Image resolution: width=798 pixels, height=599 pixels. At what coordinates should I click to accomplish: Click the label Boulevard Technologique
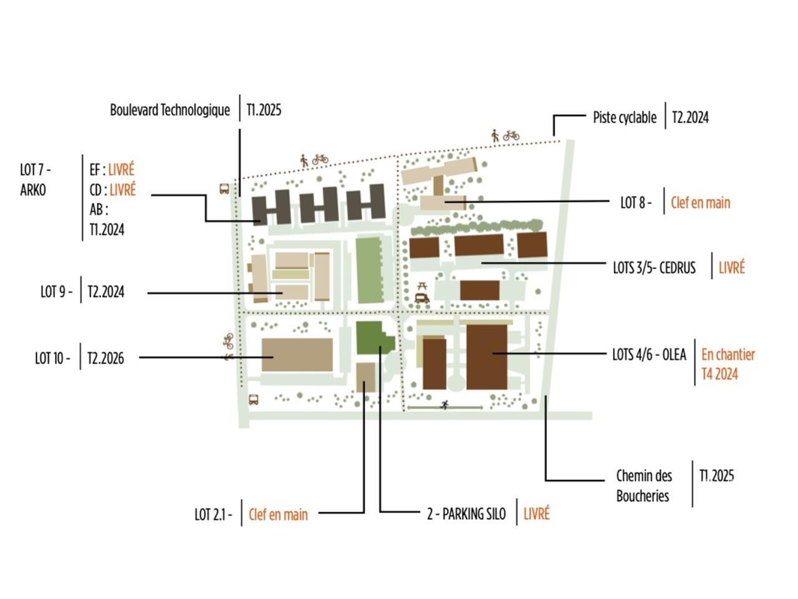[170, 110]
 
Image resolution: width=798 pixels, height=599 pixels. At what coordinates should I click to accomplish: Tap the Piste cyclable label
[624, 117]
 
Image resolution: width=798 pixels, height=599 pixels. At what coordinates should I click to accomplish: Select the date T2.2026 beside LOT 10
[105, 358]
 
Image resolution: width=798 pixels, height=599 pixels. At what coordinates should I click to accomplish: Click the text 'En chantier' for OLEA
[728, 354]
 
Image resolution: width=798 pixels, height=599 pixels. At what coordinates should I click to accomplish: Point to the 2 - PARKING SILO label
[466, 514]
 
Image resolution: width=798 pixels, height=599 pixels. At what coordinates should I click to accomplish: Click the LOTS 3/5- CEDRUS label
[654, 268]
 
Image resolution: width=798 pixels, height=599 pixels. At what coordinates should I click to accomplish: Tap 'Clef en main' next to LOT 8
[700, 202]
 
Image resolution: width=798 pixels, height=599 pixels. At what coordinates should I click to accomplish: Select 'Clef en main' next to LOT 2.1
[278, 514]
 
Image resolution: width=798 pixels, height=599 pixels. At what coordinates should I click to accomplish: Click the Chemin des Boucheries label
[643, 485]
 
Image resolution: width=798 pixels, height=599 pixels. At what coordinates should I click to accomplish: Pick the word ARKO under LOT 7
[32, 190]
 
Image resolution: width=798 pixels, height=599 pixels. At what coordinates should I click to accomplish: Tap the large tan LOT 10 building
[297, 355]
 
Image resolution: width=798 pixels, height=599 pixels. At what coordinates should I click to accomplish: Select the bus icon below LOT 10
[254, 400]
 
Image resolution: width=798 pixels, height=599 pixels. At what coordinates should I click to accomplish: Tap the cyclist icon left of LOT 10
[228, 341]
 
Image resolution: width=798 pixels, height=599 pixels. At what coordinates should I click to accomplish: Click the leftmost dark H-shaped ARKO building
[272, 208]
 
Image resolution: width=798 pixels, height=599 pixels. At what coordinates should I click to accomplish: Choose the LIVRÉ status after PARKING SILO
[536, 514]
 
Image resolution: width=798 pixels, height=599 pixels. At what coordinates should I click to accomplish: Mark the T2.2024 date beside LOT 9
[105, 291]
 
